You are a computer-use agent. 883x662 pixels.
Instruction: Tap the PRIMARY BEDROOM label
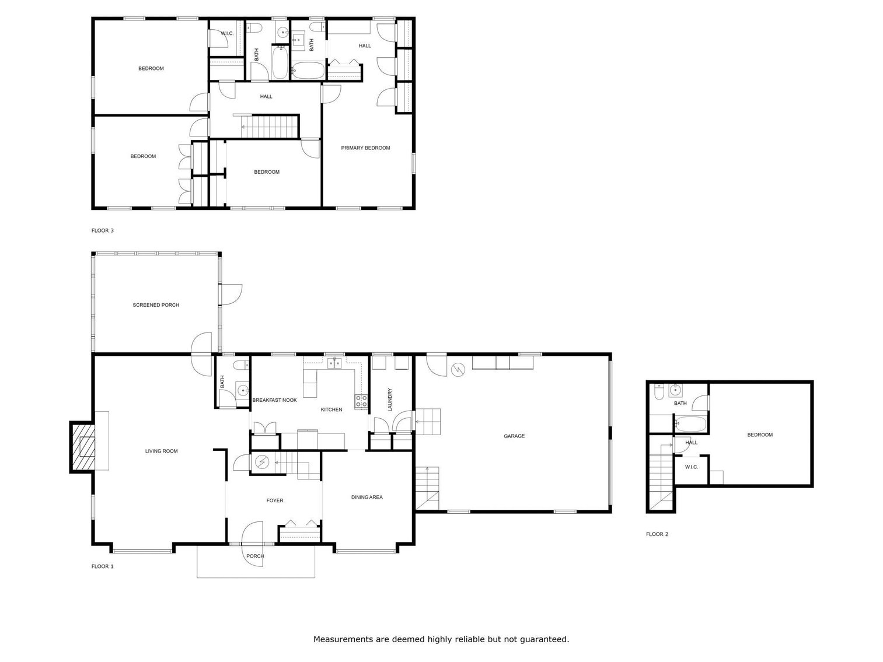pos(365,148)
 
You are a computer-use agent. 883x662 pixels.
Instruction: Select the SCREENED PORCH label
pos(156,305)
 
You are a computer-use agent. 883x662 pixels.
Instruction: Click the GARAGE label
pos(514,436)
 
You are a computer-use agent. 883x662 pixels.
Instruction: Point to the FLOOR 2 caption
pos(657,534)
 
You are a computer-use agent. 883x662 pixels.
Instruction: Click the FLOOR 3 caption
pos(103,230)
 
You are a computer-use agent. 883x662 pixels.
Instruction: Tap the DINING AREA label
pos(367,498)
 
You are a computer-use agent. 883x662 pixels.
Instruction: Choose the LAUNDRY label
pos(390,400)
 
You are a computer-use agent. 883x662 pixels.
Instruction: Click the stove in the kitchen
pos(361,401)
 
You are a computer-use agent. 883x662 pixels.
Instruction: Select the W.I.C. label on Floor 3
pos(227,34)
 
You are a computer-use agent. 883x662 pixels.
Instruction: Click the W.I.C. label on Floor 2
pos(691,467)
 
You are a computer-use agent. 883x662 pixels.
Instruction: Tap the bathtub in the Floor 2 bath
pos(691,424)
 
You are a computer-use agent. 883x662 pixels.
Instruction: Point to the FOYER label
pos(275,500)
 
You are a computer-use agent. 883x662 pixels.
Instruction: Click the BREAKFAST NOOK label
pos(274,400)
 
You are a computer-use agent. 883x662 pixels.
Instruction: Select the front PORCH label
pos(255,556)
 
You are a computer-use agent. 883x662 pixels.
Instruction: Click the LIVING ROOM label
pos(162,451)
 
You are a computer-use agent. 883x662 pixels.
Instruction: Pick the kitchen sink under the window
pos(334,364)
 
